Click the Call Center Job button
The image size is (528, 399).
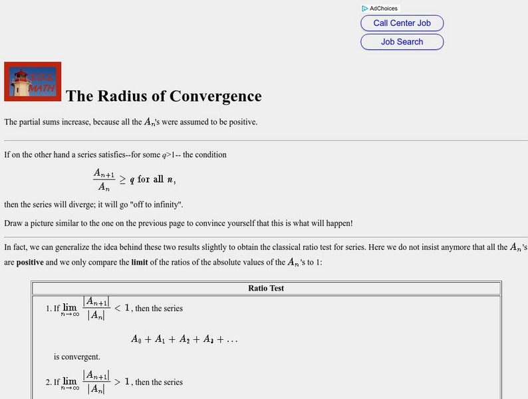click(402, 23)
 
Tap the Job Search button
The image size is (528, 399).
click(402, 42)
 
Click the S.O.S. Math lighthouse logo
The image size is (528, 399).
click(33, 81)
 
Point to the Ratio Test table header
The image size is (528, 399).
click(266, 289)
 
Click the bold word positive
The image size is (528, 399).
click(30, 262)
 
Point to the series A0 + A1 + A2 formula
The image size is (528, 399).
click(184, 339)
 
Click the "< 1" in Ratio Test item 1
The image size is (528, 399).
click(122, 308)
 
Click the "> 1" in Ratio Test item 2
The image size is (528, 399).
click(122, 382)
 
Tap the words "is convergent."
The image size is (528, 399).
click(76, 357)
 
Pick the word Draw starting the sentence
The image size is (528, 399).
click(13, 223)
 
